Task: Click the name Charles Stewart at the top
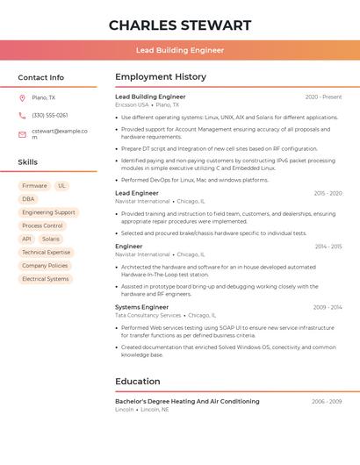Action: coord(180,25)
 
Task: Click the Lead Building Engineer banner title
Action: coord(180,50)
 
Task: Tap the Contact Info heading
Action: coord(41,77)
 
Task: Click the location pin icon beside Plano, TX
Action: coord(22,97)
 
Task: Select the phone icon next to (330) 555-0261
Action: coord(22,115)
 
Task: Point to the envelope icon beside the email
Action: coord(22,134)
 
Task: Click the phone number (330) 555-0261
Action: coord(49,115)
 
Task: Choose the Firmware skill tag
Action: coord(34,186)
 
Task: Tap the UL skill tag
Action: coord(61,186)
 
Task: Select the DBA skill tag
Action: coord(29,199)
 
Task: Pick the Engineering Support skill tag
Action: coord(48,212)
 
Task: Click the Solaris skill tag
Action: coord(51,239)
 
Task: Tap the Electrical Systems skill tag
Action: coord(45,279)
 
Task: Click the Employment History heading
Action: coord(161,77)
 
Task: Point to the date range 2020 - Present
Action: coord(323,97)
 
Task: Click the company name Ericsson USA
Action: coord(132,104)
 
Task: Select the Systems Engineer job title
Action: coord(141,307)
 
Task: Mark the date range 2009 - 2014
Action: coord(327,307)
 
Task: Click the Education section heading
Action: coord(139,381)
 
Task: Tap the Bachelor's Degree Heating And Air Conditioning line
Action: coord(187,401)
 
